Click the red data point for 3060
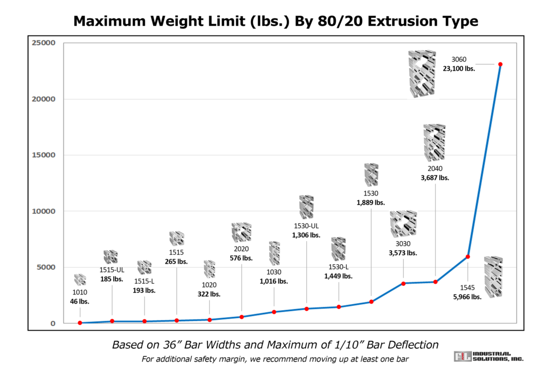500,65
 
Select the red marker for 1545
468,257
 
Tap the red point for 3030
403,283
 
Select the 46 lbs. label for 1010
80,301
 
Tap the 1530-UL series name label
306,226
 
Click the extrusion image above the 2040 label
434,143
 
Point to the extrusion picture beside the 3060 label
422,74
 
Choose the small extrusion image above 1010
80,279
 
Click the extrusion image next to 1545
493,277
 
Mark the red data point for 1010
80,323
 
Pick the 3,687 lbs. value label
435,177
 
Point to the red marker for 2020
241,317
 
